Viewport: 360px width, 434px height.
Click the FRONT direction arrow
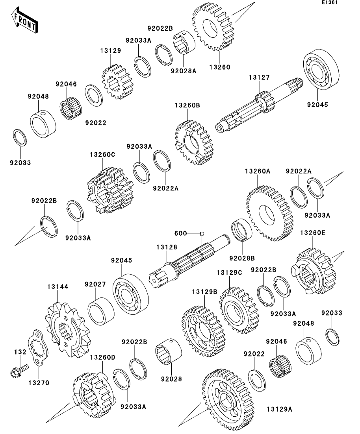[25, 20]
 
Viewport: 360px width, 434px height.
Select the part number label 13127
[259, 78]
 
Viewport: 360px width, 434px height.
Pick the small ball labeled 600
[201, 233]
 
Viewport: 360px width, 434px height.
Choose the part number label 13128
[167, 247]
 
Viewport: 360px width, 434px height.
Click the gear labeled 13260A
[270, 214]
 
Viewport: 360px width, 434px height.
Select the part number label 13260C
[102, 155]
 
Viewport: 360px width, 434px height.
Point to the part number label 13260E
[313, 233]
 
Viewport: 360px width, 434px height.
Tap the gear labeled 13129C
[239, 310]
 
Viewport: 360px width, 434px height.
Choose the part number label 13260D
[102, 357]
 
